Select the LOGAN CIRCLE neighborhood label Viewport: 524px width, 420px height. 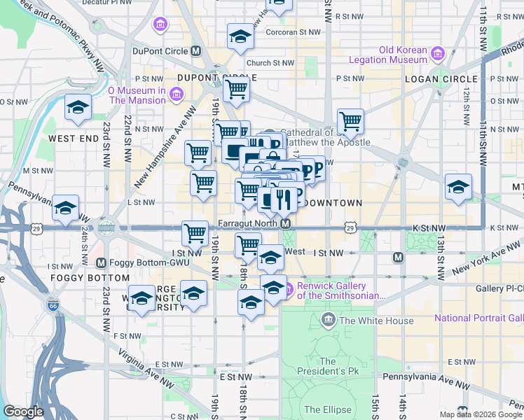point(441,79)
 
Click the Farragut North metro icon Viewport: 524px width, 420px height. point(286,224)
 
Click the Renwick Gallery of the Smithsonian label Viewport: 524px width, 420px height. point(341,290)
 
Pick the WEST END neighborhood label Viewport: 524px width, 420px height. point(74,139)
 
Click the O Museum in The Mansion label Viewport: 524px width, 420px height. point(137,94)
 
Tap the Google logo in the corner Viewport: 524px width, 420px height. point(24,412)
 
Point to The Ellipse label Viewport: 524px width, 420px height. point(322,409)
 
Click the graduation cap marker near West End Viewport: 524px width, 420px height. point(78,107)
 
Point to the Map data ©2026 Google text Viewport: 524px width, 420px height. point(481,414)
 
